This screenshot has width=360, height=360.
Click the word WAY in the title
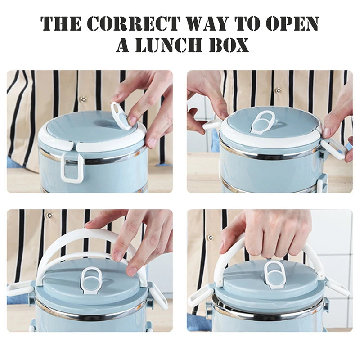(x=203, y=23)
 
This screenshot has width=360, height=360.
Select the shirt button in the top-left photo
(x=83, y=99)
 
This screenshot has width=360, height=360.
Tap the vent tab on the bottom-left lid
(x=92, y=279)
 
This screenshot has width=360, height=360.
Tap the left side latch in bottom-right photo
(x=200, y=297)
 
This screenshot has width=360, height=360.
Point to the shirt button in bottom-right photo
(x=209, y=237)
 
